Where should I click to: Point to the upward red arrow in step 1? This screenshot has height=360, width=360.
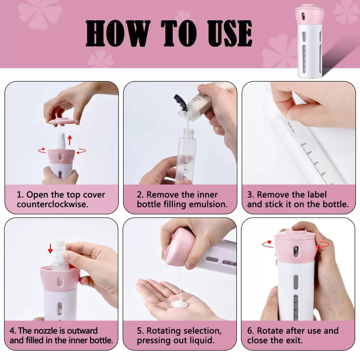tap(70, 140)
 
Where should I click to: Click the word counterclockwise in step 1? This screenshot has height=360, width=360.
tap(52, 205)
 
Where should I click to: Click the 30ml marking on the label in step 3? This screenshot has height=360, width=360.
tap(304, 145)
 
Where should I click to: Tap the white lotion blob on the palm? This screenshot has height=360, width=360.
tap(180, 304)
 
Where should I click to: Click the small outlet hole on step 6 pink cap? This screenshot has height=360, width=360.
tap(296, 250)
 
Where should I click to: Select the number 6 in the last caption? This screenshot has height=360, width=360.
tap(250, 331)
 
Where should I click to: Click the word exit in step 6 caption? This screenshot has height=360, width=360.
tap(294, 340)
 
